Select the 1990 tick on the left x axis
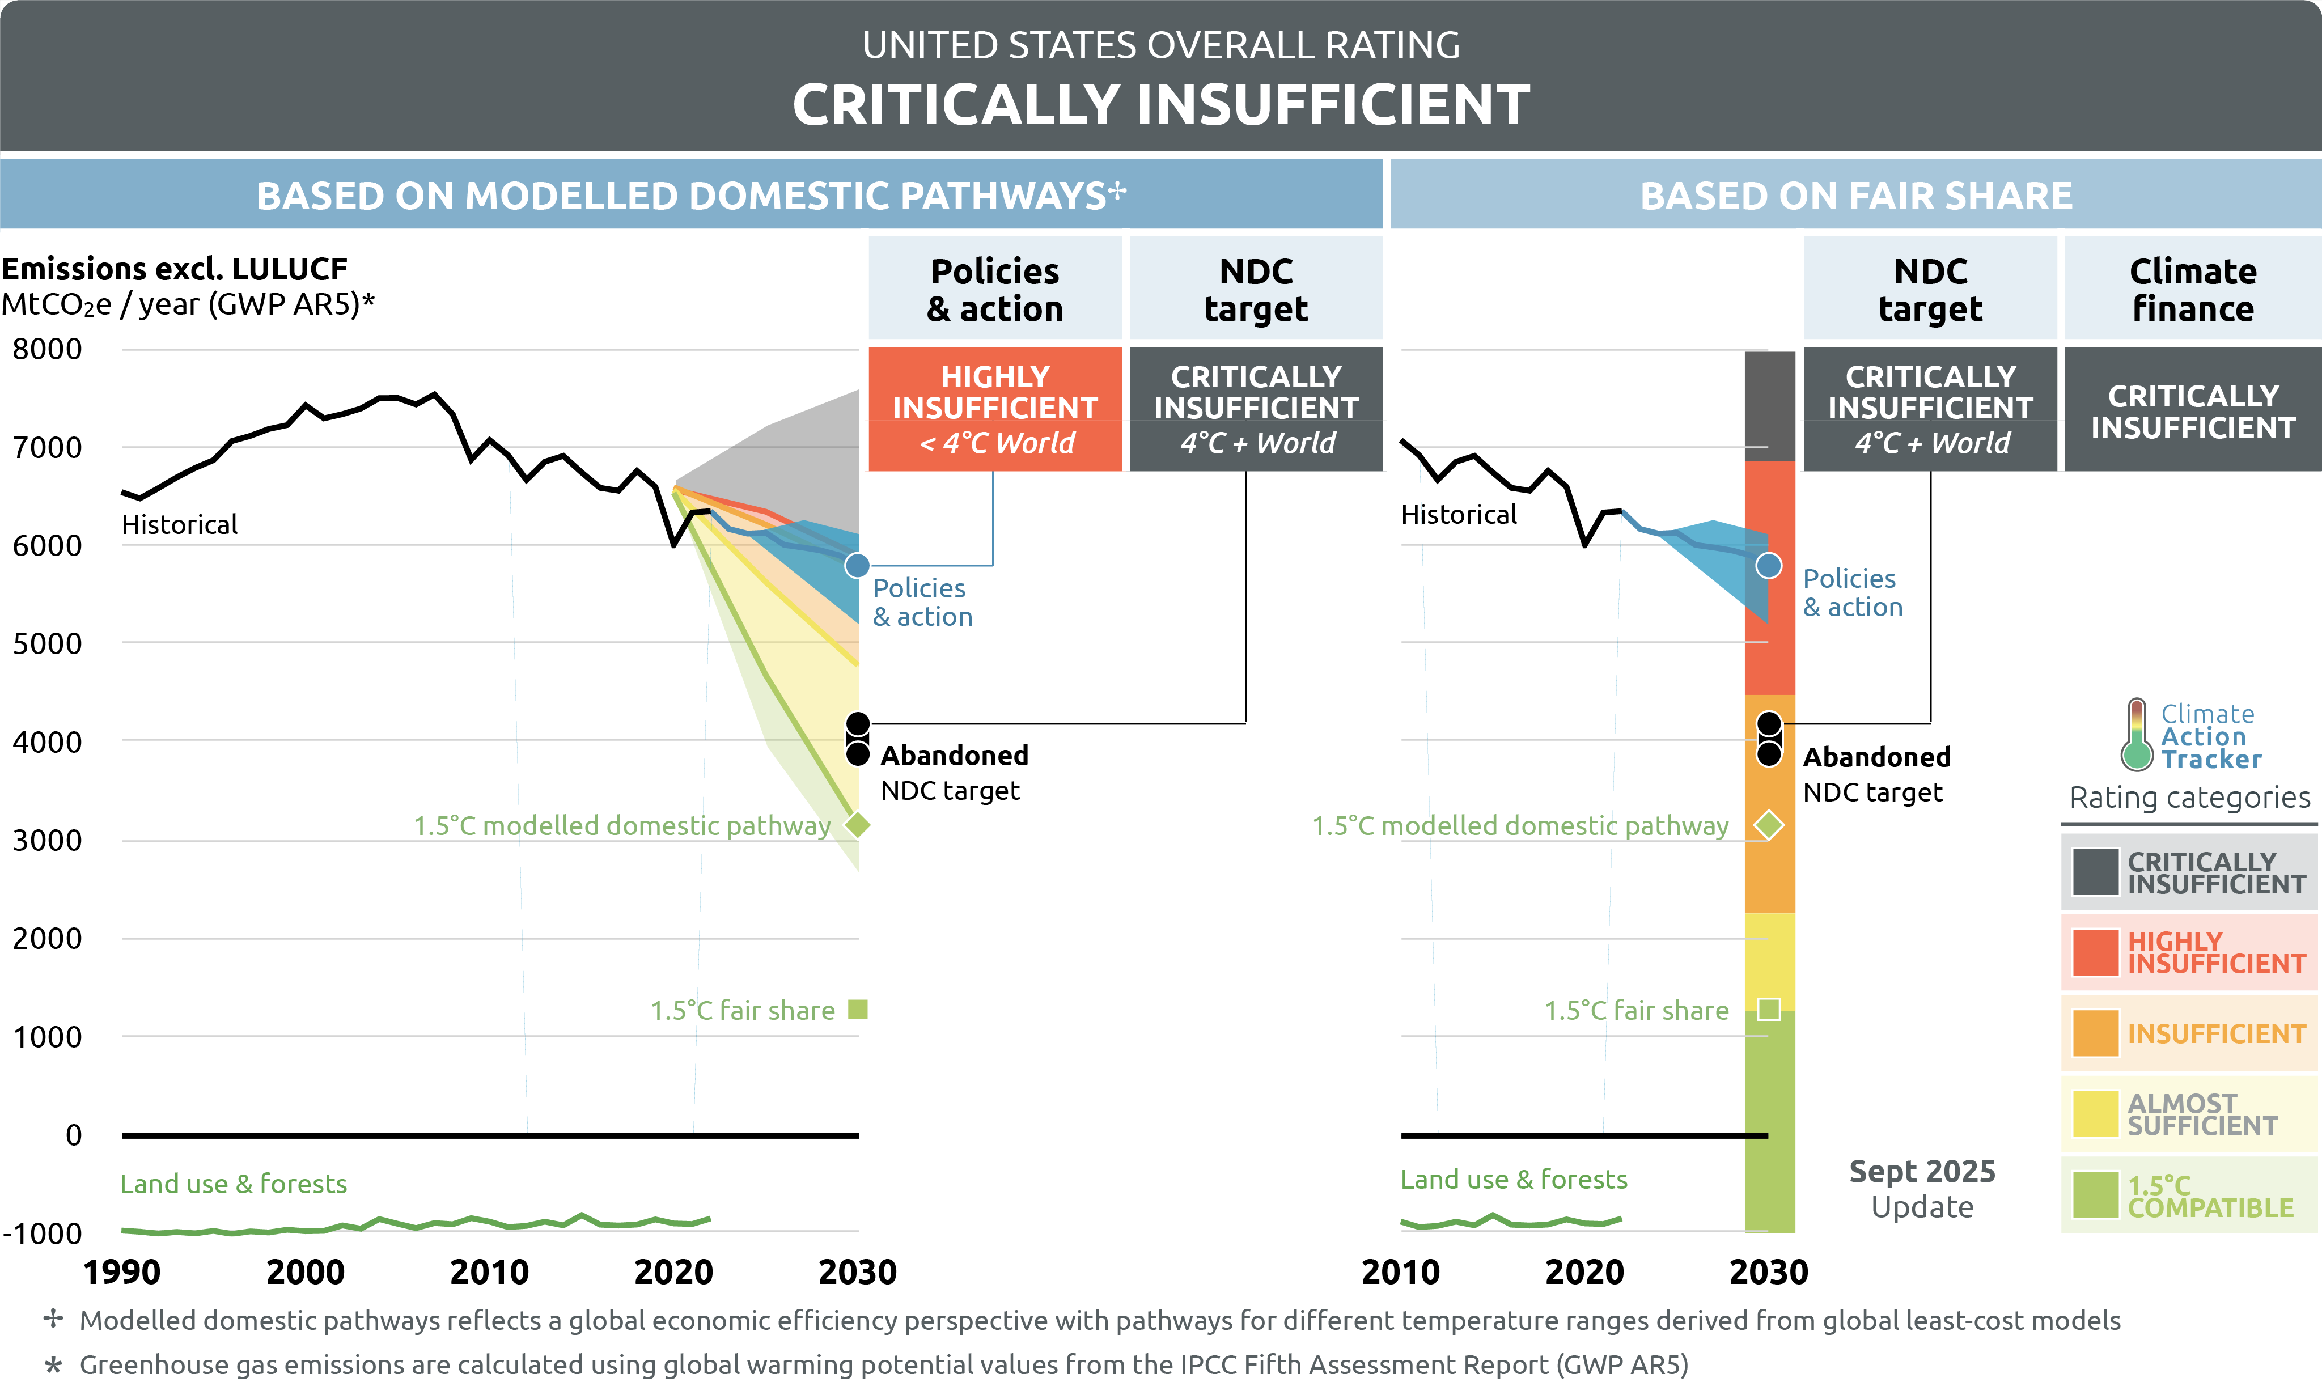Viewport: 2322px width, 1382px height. coord(121,1272)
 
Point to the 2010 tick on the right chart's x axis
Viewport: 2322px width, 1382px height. coord(1400,1272)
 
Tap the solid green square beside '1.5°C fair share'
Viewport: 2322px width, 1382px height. coord(858,1010)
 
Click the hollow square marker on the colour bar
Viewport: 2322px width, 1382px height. coord(1769,1010)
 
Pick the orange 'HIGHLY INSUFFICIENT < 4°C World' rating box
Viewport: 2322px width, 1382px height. coord(994,409)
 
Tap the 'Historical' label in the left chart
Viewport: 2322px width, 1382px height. coord(180,525)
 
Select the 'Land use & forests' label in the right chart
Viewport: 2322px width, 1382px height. coord(1514,1180)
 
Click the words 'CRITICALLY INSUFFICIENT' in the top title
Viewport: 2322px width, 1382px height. coord(1161,104)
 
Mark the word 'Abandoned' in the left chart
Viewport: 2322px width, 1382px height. coord(954,755)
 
